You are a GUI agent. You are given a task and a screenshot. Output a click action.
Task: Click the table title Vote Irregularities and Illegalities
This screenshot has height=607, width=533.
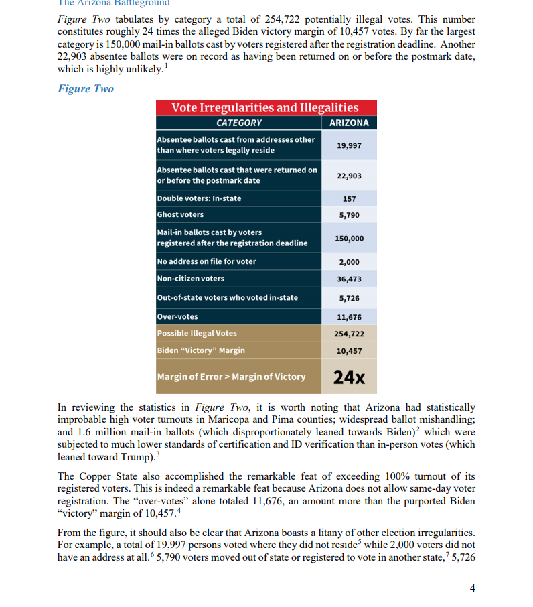(x=265, y=108)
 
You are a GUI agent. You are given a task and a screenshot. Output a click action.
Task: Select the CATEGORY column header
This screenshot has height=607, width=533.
(x=239, y=123)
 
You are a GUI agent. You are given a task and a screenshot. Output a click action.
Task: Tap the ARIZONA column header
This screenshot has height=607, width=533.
(x=349, y=123)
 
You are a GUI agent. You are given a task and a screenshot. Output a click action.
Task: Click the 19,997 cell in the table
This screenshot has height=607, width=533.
(x=349, y=145)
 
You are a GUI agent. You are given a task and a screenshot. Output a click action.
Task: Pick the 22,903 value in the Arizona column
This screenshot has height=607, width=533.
(x=349, y=176)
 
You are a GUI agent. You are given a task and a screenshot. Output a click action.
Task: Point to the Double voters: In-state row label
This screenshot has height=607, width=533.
(x=199, y=198)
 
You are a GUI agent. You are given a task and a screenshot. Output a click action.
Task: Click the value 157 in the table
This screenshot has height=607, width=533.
(x=349, y=199)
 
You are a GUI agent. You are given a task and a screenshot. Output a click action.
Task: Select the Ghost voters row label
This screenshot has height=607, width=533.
(x=180, y=214)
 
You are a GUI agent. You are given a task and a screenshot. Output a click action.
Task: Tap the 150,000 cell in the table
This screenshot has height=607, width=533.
(x=349, y=238)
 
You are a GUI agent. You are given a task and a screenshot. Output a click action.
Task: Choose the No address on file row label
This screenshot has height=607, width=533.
(x=206, y=261)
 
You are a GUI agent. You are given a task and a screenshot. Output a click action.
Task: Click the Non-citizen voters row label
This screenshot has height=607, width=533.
(x=191, y=279)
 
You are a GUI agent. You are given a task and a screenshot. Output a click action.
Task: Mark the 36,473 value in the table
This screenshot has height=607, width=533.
(x=349, y=279)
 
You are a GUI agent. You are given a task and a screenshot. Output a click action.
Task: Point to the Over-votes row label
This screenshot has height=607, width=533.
(x=177, y=316)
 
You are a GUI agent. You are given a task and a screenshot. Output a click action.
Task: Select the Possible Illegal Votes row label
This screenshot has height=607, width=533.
(x=197, y=333)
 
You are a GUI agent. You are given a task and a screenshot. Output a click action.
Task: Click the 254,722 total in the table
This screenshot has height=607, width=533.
(x=349, y=333)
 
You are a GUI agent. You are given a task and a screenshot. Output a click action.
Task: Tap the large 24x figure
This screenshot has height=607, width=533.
(x=349, y=377)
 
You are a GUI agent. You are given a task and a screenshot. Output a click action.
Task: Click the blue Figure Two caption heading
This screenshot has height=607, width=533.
(x=86, y=89)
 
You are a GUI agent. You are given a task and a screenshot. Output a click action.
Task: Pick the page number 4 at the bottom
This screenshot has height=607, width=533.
(x=473, y=588)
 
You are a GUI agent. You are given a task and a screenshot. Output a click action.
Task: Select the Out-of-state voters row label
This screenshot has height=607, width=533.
(x=228, y=297)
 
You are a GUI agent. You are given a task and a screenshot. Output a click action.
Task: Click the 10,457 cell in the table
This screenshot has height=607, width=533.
(x=349, y=350)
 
